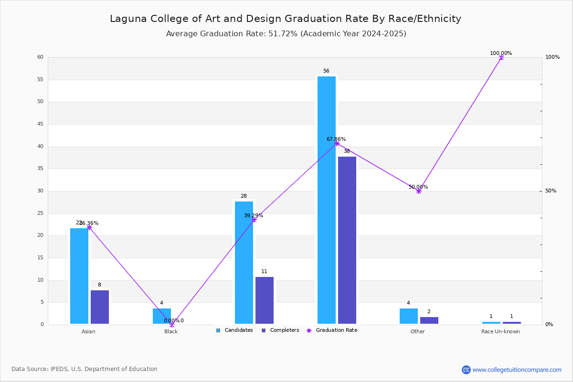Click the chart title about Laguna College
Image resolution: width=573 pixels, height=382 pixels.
tap(286, 19)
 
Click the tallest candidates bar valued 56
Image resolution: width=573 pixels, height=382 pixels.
tap(327, 200)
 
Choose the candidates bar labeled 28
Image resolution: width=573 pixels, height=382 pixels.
tap(244, 263)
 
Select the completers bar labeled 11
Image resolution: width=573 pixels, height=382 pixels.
tap(265, 300)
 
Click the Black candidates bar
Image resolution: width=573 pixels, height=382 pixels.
tap(162, 316)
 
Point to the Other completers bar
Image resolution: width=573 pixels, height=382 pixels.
tap(429, 320)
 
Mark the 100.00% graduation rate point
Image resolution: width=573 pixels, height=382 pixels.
tap(501, 57)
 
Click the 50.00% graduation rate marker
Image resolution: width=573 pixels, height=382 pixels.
tap(419, 191)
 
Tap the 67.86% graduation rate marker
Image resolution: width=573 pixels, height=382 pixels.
tap(337, 143)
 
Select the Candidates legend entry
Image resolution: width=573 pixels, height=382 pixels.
tap(234, 330)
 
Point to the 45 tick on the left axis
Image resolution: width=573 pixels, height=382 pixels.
tap(40, 124)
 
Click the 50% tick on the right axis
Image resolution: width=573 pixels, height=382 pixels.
tap(550, 191)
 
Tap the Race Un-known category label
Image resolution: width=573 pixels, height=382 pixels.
tap(500, 332)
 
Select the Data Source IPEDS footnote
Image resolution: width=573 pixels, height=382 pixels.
tap(85, 369)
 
